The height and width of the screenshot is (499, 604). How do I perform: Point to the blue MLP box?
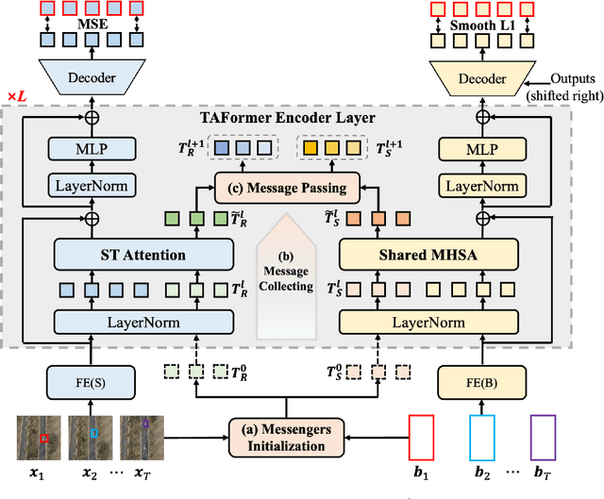click(x=91, y=149)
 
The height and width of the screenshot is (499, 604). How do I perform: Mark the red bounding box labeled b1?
click(x=423, y=437)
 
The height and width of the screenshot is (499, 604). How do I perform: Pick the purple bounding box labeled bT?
click(x=545, y=437)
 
